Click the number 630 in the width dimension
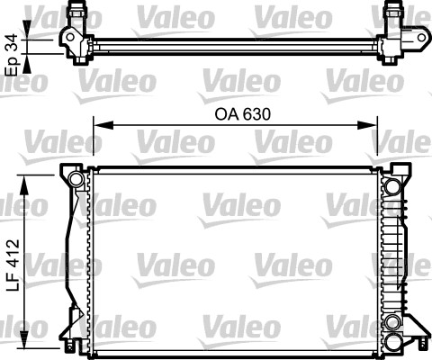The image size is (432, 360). (256, 114)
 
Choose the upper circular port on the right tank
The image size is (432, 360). (392, 187)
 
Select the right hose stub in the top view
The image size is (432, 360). (393, 12)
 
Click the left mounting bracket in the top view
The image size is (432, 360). (70, 39)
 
